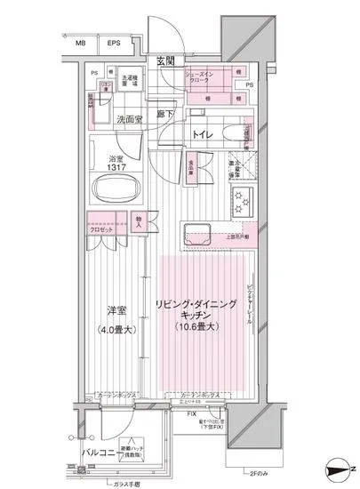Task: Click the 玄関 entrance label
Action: point(165,60)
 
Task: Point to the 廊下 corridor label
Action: point(165,114)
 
